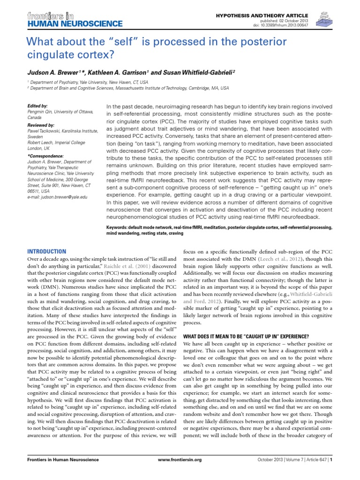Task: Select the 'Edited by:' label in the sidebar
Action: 37,106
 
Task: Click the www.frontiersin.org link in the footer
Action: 180,460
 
